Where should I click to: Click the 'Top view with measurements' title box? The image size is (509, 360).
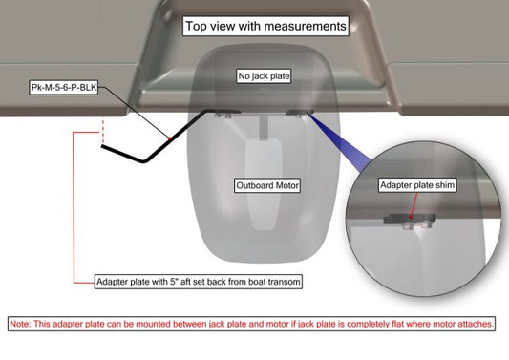click(265, 26)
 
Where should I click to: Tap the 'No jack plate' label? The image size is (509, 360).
click(264, 76)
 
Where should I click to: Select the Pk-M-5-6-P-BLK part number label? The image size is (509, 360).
click(64, 87)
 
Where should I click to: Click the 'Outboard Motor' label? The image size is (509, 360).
click(267, 185)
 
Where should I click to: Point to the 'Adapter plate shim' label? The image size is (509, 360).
click(417, 185)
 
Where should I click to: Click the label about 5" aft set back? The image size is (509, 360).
click(199, 282)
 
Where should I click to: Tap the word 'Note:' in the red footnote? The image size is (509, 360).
click(20, 324)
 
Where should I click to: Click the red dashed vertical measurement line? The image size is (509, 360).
click(103, 130)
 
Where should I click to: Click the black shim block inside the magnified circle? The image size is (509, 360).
click(409, 219)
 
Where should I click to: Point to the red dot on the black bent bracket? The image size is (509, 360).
click(169, 138)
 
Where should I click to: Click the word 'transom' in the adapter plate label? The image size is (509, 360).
click(283, 282)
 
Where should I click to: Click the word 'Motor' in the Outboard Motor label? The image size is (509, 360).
click(286, 185)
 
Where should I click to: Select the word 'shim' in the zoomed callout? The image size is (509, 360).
click(445, 185)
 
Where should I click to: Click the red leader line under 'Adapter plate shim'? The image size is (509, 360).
click(414, 205)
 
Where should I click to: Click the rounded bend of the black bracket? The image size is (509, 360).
click(144, 160)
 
